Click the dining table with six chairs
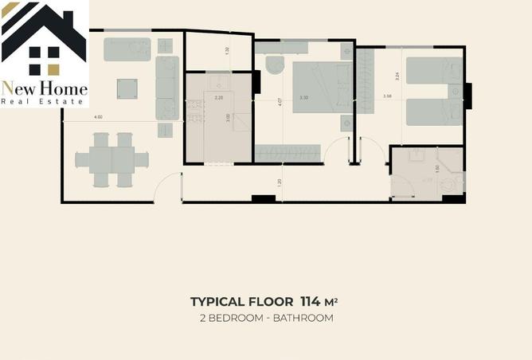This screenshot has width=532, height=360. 112,160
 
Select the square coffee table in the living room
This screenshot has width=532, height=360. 127,88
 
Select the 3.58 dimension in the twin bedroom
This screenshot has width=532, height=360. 387,96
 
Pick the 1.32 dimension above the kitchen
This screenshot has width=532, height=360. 227,50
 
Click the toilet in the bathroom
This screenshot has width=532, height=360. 452,184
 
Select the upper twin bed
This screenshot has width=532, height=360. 433,70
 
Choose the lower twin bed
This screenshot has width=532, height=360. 433,112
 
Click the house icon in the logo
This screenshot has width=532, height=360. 44,36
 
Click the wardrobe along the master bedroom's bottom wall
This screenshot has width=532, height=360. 288,152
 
